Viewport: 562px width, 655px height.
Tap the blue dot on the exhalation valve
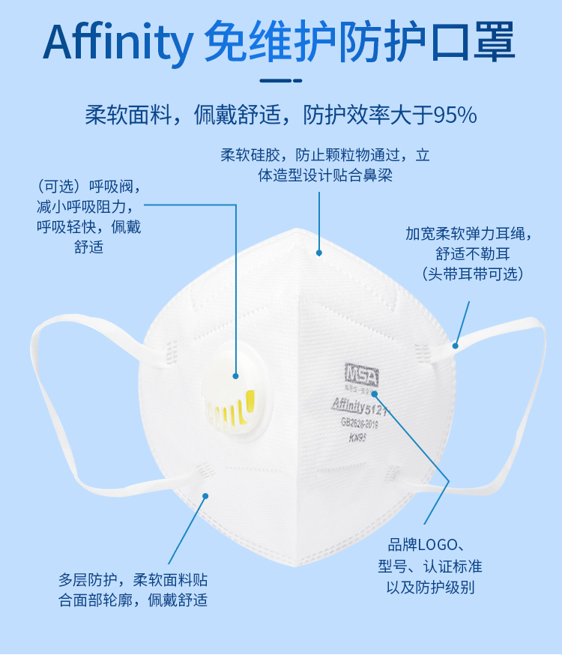[235, 376]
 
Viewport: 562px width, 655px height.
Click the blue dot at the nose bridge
[319, 253]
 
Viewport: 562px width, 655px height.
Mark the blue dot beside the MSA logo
[375, 393]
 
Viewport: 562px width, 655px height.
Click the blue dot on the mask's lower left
[205, 495]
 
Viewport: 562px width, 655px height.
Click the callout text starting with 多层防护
[133, 590]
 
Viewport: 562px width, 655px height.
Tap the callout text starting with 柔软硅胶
[325, 165]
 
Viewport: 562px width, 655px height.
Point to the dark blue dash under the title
[280, 81]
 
